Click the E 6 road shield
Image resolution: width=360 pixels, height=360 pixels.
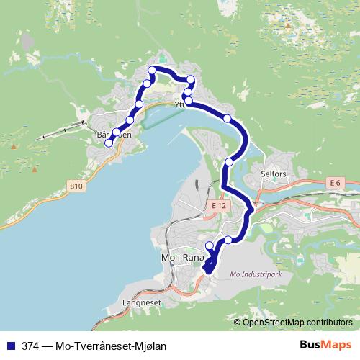333,184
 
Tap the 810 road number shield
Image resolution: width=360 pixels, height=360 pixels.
77,186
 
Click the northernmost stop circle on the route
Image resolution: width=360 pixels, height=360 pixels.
152,70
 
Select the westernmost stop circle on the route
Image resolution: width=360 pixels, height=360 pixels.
109,143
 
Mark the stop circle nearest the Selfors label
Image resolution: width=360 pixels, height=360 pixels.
229,161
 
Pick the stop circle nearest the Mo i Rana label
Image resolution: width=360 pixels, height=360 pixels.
210,246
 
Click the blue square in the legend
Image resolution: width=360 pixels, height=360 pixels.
10,345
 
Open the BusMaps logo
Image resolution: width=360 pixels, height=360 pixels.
325,344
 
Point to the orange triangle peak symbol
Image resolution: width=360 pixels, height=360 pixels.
287,26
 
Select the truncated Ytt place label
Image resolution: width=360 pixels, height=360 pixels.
179,105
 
